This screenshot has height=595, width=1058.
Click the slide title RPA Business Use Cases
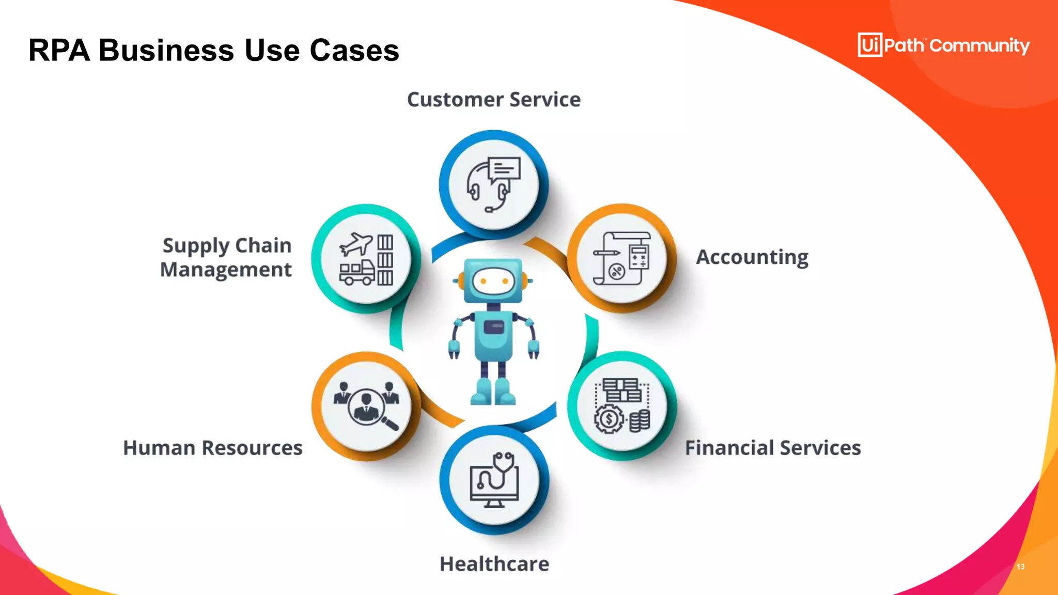pyautogui.click(x=213, y=51)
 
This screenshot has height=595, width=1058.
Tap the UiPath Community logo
pyautogui.click(x=943, y=45)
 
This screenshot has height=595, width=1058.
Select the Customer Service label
pyautogui.click(x=493, y=99)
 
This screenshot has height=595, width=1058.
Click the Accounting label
pyautogui.click(x=752, y=257)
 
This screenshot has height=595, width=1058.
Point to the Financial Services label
pyautogui.click(x=773, y=448)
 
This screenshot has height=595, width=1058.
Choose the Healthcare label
pyautogui.click(x=494, y=564)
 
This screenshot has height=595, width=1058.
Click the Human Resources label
pyautogui.click(x=213, y=448)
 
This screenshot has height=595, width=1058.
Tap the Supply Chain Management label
pyautogui.click(x=226, y=257)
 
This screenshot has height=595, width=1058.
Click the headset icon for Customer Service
pyautogui.click(x=493, y=185)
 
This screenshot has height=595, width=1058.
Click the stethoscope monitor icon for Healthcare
pyautogui.click(x=494, y=480)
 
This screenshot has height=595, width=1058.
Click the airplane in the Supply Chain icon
pyautogui.click(x=356, y=244)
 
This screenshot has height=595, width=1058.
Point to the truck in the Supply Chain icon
pyautogui.click(x=356, y=273)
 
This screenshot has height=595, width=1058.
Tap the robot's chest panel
pyautogui.click(x=494, y=327)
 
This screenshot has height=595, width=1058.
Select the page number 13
pyautogui.click(x=1020, y=567)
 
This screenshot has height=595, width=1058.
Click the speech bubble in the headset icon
pyautogui.click(x=505, y=169)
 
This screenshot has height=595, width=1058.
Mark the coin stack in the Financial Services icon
pyautogui.click(x=640, y=421)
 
